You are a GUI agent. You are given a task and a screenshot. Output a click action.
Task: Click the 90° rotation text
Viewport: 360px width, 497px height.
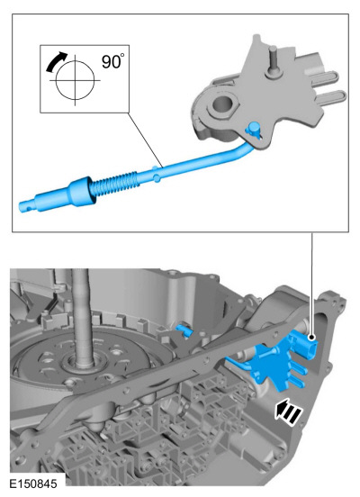[112, 61]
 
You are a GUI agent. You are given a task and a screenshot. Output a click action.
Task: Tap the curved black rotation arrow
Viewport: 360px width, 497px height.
[55, 61]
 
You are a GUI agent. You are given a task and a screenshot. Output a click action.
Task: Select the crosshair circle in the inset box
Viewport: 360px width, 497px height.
[75, 80]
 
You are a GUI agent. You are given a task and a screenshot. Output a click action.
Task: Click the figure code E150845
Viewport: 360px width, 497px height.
[33, 483]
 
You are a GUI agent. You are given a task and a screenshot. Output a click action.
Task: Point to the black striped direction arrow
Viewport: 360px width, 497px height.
[289, 411]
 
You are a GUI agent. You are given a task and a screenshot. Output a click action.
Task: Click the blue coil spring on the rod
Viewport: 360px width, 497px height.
[114, 184]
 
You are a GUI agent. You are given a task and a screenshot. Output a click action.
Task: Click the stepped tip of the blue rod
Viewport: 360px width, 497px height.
[28, 205]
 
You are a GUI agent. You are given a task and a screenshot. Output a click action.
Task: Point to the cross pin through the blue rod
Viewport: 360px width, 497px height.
[156, 174]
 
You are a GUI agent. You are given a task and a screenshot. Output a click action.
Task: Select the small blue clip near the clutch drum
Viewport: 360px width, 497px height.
[184, 329]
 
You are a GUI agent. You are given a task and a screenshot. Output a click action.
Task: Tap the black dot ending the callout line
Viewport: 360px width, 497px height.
[312, 338]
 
